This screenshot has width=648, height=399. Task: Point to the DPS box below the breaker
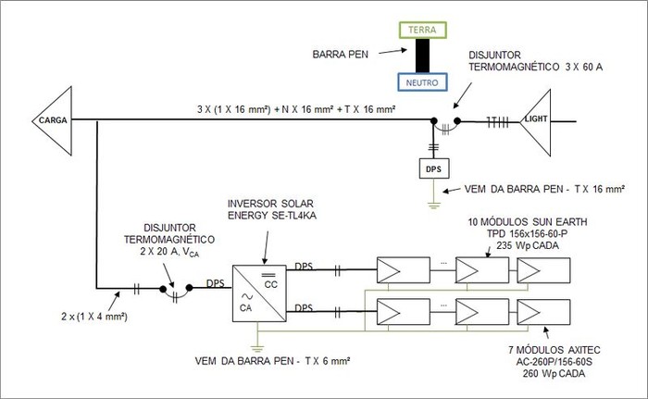(x=434, y=169)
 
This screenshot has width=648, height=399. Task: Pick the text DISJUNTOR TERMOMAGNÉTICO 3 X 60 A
(x=523, y=62)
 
